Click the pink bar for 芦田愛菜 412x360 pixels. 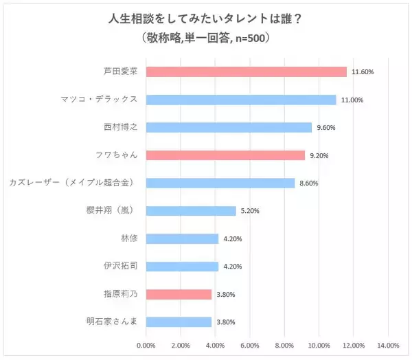click(x=247, y=71)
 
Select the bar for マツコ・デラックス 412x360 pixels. click(x=241, y=100)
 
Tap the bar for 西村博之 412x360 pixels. click(x=229, y=127)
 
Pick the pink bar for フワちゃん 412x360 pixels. click(x=226, y=155)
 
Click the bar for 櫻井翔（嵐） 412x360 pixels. click(x=191, y=211)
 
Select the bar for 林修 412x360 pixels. click(x=183, y=238)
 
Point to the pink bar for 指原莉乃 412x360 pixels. click(x=179, y=294)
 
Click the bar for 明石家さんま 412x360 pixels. click(x=179, y=322)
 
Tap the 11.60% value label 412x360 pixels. click(x=362, y=71)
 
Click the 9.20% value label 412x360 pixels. click(x=319, y=155)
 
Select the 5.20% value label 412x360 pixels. click(x=250, y=211)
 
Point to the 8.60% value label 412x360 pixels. click(x=309, y=183)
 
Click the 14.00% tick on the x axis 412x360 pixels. click(x=388, y=345)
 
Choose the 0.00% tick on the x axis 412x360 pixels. click(x=146, y=345)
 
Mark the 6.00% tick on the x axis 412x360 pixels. click(x=250, y=345)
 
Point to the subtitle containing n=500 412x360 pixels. click(x=205, y=38)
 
